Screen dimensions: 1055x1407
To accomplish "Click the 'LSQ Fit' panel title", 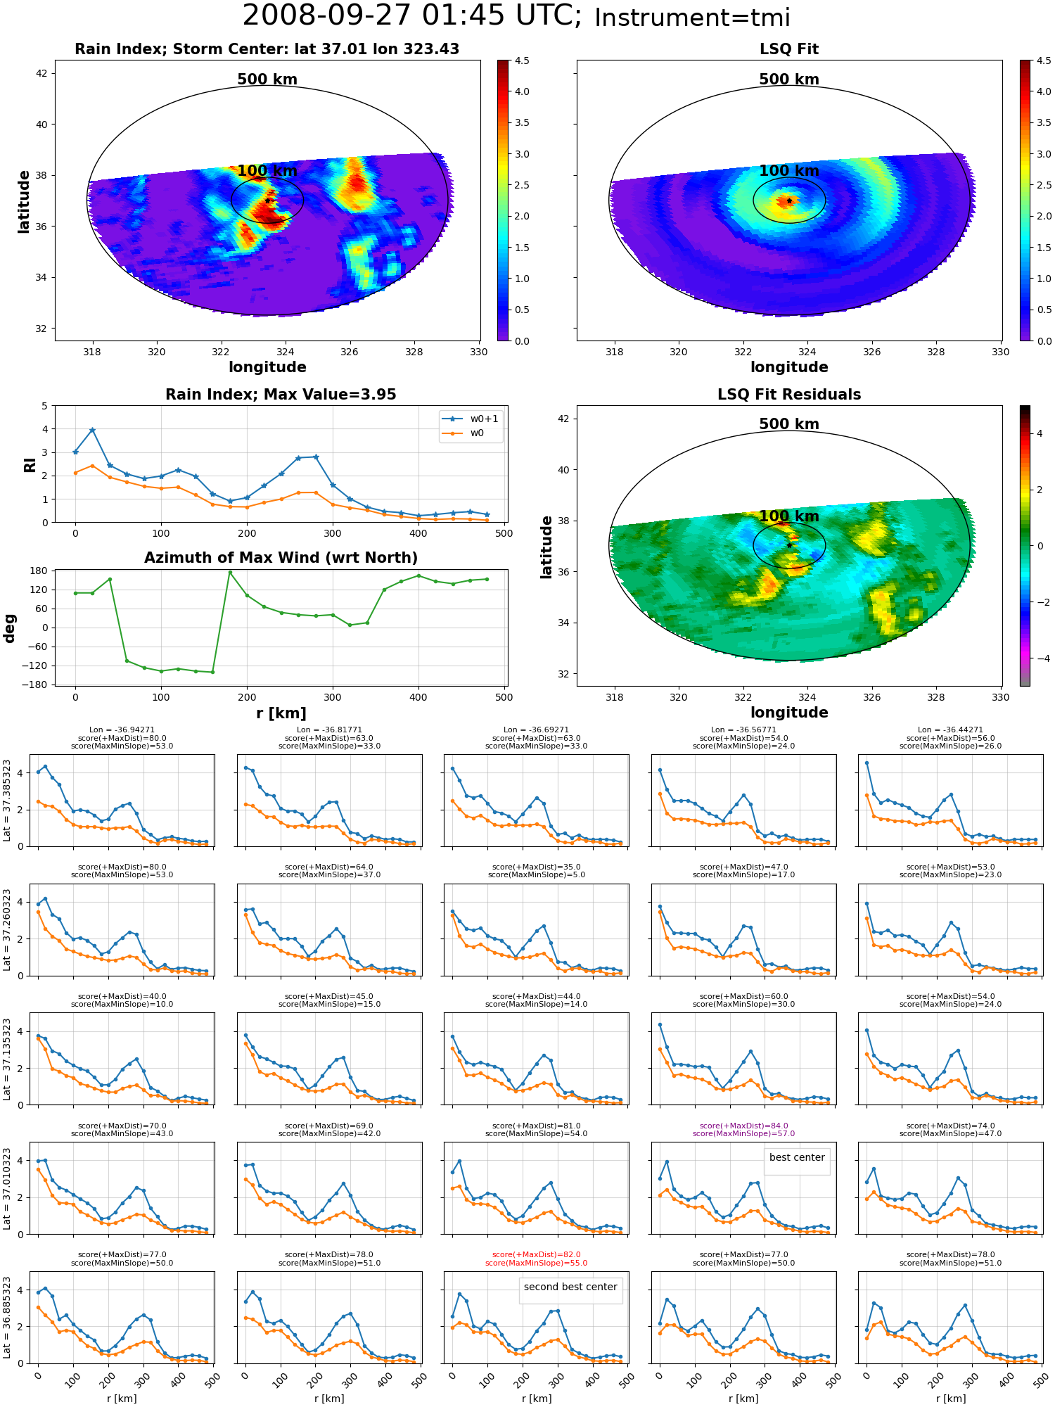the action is pyautogui.click(x=789, y=49).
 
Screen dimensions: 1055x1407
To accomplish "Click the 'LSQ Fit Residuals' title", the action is pyautogui.click(x=789, y=395).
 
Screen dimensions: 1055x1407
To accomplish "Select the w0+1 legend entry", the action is pyautogui.click(x=471, y=419).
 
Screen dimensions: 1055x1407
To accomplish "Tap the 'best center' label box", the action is pyautogui.click(x=797, y=1157).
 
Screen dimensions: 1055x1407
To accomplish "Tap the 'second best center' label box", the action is pyautogui.click(x=570, y=1287).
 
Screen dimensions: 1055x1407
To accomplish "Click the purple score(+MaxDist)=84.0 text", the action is pyautogui.click(x=743, y=1126).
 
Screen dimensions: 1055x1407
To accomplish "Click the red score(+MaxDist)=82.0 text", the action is pyautogui.click(x=536, y=1254).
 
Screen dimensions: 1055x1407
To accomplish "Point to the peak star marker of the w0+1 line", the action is pyautogui.click(x=92, y=430).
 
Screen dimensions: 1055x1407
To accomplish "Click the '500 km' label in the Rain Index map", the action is pyautogui.click(x=267, y=79).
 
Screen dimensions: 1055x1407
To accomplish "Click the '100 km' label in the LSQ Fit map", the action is pyautogui.click(x=789, y=171).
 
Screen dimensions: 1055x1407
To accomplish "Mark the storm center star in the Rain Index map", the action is pyautogui.click(x=268, y=200).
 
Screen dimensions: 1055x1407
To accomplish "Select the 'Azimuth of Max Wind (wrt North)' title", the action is pyautogui.click(x=281, y=558).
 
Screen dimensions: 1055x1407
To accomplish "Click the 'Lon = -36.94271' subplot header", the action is pyautogui.click(x=122, y=730).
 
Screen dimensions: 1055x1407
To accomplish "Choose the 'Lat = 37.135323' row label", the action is pyautogui.click(x=7, y=1059).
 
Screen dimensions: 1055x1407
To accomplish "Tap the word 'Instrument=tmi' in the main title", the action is pyautogui.click(x=692, y=18).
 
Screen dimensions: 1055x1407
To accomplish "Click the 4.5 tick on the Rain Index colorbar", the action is pyautogui.click(x=522, y=61).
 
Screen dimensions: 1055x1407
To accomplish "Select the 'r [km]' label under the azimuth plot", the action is pyautogui.click(x=281, y=713).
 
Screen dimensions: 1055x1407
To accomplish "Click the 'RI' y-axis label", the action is pyautogui.click(x=30, y=465).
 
